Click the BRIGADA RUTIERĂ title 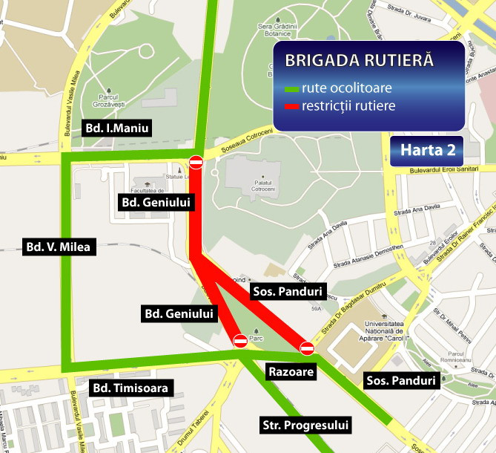[360, 60]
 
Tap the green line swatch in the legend [291, 89]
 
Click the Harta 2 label [428, 149]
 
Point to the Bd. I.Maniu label [117, 128]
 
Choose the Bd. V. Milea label [60, 247]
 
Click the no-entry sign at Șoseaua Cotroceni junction [196, 162]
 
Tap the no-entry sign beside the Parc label [240, 341]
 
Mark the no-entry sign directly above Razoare [307, 348]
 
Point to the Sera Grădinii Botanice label [272, 27]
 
